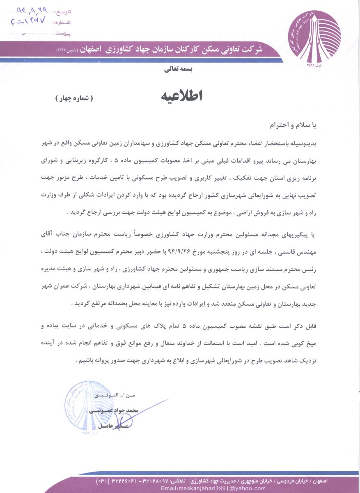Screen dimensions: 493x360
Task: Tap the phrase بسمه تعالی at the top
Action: point(181,69)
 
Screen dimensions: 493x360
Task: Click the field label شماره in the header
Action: point(62,22)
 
